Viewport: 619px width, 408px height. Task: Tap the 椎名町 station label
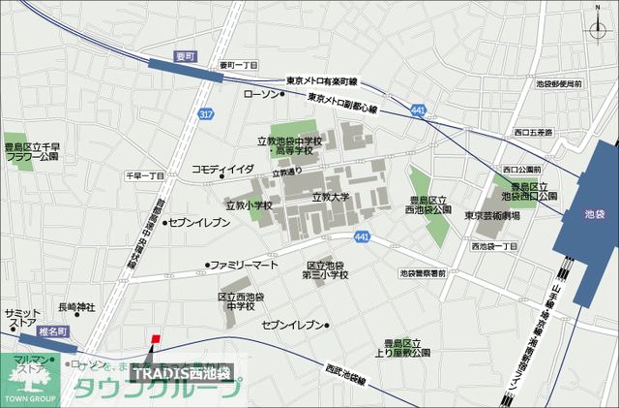point(40,330)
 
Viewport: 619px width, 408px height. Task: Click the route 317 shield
point(205,114)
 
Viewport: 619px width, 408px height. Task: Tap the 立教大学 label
point(330,197)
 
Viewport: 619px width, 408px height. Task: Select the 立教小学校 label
point(248,205)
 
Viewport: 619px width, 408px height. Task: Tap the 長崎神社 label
point(76,307)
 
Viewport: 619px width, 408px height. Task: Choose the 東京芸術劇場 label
point(491,215)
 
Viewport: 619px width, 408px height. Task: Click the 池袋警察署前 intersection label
point(423,273)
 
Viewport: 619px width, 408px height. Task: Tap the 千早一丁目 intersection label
point(144,175)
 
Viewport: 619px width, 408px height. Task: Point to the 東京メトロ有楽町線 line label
point(322,80)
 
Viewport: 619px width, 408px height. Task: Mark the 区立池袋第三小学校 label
point(327,270)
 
